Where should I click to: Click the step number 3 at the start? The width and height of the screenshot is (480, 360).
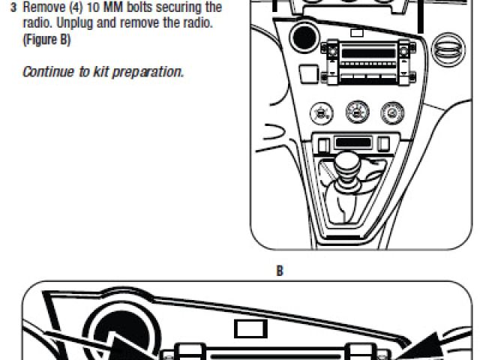point(13,7)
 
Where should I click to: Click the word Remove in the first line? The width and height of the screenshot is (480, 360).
point(40,7)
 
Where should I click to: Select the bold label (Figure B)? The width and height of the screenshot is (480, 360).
point(46,40)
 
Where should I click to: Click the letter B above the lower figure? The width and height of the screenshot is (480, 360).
point(280,271)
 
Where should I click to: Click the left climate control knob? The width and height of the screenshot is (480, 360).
point(322,114)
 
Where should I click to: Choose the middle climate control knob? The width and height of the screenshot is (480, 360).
point(356,113)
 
